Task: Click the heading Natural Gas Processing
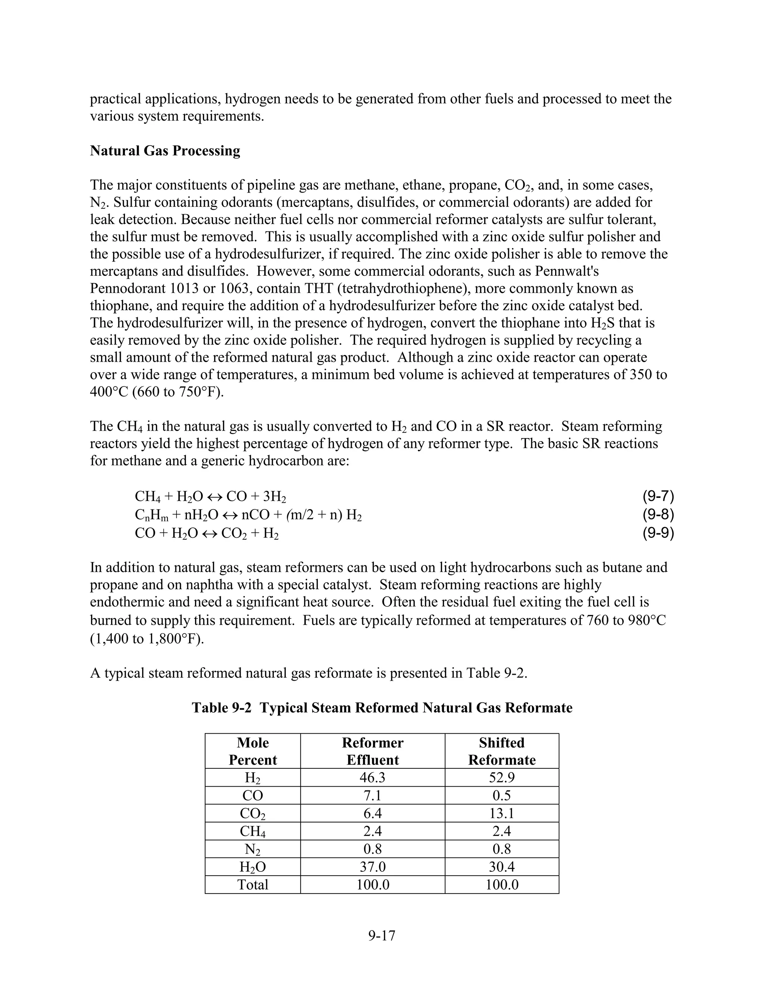(165, 151)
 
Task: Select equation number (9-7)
(658, 496)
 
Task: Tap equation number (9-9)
(658, 533)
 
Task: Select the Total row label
(253, 885)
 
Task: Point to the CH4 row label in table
(253, 832)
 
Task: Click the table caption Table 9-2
(382, 707)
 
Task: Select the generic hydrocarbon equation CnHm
(248, 515)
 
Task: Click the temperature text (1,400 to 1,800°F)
(147, 639)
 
